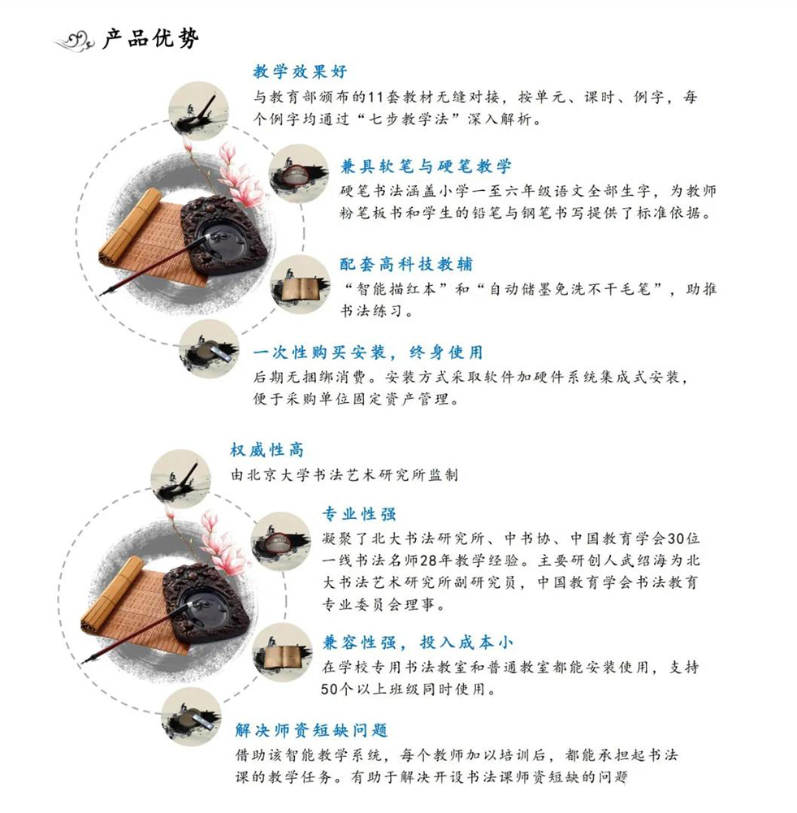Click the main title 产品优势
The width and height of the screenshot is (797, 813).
click(x=150, y=38)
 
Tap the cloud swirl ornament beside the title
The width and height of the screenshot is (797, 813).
click(x=75, y=41)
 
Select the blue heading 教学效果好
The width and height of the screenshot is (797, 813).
click(x=300, y=71)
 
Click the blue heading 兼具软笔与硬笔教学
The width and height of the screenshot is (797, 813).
click(x=426, y=166)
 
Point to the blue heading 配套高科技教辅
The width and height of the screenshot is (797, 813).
click(x=406, y=264)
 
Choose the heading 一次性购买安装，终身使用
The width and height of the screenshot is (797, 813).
click(x=368, y=352)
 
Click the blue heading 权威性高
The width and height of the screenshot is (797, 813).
click(x=267, y=449)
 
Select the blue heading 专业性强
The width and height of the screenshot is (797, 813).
click(x=359, y=514)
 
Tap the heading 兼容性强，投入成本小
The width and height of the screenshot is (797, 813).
click(x=418, y=642)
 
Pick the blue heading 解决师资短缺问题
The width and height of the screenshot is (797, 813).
click(x=312, y=730)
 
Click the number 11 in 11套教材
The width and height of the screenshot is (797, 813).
click(x=375, y=97)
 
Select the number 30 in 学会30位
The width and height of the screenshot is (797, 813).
click(x=675, y=538)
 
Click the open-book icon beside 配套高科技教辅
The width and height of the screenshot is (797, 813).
click(x=300, y=284)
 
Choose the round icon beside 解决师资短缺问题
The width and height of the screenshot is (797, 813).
click(x=192, y=717)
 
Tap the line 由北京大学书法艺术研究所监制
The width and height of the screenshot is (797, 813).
click(x=344, y=474)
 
